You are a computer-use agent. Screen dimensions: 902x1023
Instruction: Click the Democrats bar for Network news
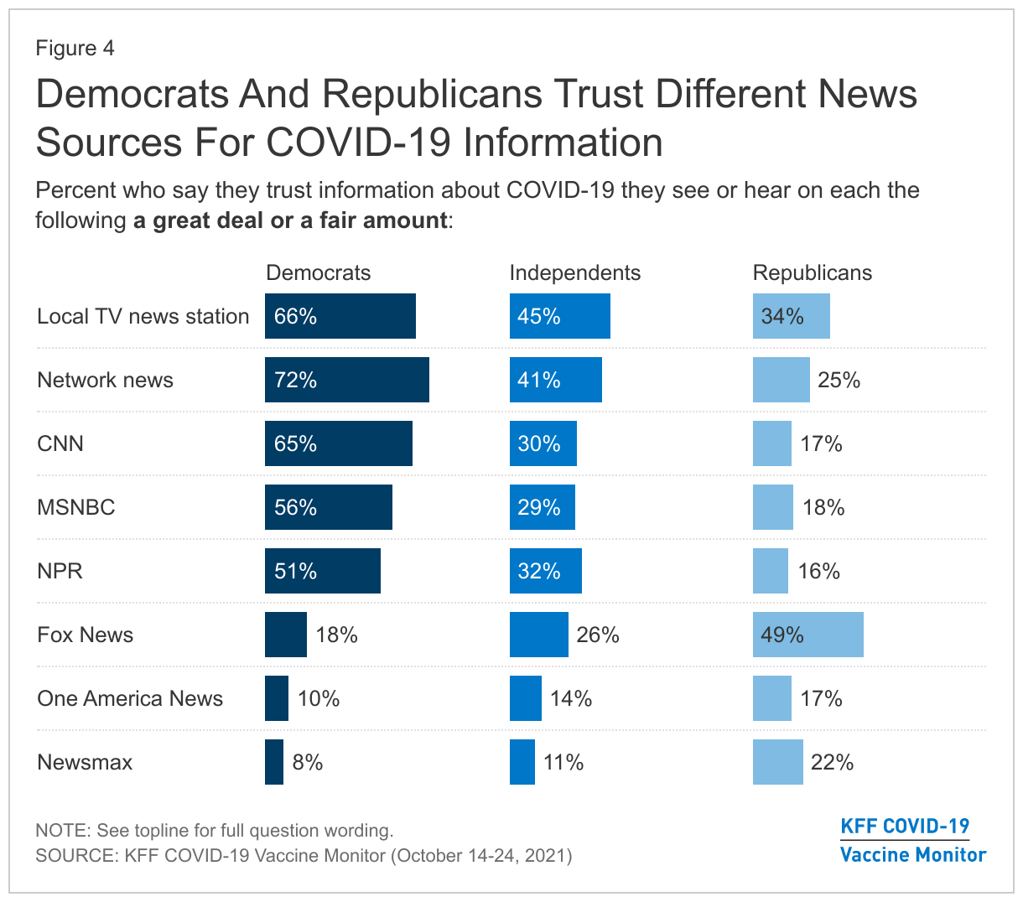tap(346, 380)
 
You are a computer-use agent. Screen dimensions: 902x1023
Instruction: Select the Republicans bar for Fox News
tap(807, 635)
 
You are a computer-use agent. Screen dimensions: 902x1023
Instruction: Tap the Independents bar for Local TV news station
tap(559, 316)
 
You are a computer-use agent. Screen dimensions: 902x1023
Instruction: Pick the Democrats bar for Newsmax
tap(274, 762)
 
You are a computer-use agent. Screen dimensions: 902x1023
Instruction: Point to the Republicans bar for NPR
tap(771, 571)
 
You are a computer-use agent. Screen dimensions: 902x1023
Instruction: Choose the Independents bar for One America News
tap(526, 698)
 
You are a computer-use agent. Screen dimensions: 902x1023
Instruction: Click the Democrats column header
tap(318, 272)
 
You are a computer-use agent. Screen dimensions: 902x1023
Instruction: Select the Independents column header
tap(574, 272)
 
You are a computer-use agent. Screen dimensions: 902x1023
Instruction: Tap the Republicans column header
tap(812, 272)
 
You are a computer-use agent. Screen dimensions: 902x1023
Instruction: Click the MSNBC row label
tap(76, 507)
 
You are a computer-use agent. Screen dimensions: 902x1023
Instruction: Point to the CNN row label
tap(60, 443)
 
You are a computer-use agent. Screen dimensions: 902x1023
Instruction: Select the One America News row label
tap(130, 698)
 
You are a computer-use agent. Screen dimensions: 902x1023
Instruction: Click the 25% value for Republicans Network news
tap(839, 380)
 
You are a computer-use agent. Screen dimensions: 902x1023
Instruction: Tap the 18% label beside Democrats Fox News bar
tap(336, 635)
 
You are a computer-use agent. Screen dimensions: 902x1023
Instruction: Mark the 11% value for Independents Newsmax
tap(563, 762)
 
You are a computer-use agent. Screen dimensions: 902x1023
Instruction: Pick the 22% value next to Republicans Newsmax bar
tap(832, 762)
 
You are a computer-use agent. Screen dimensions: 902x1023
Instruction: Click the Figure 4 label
tap(75, 48)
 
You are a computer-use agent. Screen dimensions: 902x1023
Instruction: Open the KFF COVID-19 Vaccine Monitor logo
tap(912, 840)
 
